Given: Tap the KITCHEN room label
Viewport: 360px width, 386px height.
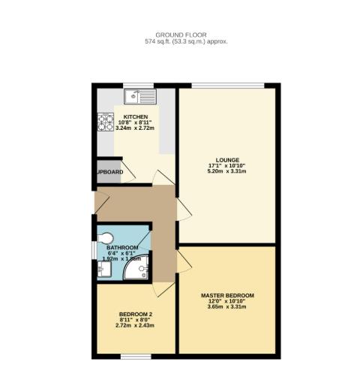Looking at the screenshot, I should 136,117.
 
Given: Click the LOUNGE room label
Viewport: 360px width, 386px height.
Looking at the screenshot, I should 227,160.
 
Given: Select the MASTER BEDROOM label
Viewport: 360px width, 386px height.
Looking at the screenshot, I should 227,295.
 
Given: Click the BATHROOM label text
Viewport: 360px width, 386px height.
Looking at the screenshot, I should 122,248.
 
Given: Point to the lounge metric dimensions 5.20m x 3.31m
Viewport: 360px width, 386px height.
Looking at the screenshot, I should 227,172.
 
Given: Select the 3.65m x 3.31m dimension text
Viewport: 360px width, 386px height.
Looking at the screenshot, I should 227,307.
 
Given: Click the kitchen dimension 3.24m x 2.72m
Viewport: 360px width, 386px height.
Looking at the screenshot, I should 136,129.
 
